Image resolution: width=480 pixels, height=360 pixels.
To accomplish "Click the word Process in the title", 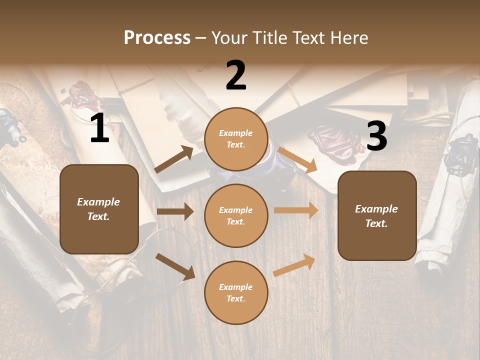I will pos(157,37).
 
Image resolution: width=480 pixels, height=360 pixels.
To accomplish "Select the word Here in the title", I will pos(348,37).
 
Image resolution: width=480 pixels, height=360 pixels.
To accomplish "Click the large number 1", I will pos(99,128).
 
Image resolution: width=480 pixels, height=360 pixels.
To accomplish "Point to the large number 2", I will pos(236,75).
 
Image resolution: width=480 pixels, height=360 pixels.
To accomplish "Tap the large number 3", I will pos(376,136).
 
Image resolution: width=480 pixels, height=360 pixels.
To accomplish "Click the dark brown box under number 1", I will pos(99,209).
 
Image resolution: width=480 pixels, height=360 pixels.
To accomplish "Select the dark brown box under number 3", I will pos(377,215).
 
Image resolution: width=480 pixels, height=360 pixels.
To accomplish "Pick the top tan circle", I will pos(236,139).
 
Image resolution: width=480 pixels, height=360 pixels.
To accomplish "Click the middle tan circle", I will pos(236,215).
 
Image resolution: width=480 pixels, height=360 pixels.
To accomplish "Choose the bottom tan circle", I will pos(236,292).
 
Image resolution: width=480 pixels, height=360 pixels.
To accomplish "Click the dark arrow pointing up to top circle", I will pos(174,159).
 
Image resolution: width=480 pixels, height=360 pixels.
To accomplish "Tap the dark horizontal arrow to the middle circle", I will pos(175,211).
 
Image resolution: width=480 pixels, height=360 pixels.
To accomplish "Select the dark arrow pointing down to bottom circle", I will pos(175,266).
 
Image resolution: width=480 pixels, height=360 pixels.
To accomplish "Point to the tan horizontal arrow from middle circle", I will pos(296,210).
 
